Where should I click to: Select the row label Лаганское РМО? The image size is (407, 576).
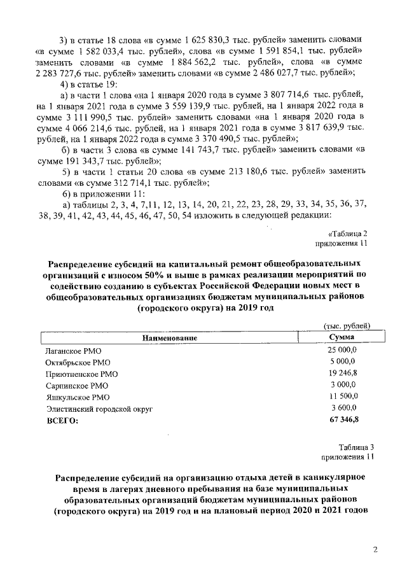73,351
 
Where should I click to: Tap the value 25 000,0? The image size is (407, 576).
342,351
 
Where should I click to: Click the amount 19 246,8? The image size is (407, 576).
342,374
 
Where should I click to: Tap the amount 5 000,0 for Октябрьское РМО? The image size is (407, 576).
344,362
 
